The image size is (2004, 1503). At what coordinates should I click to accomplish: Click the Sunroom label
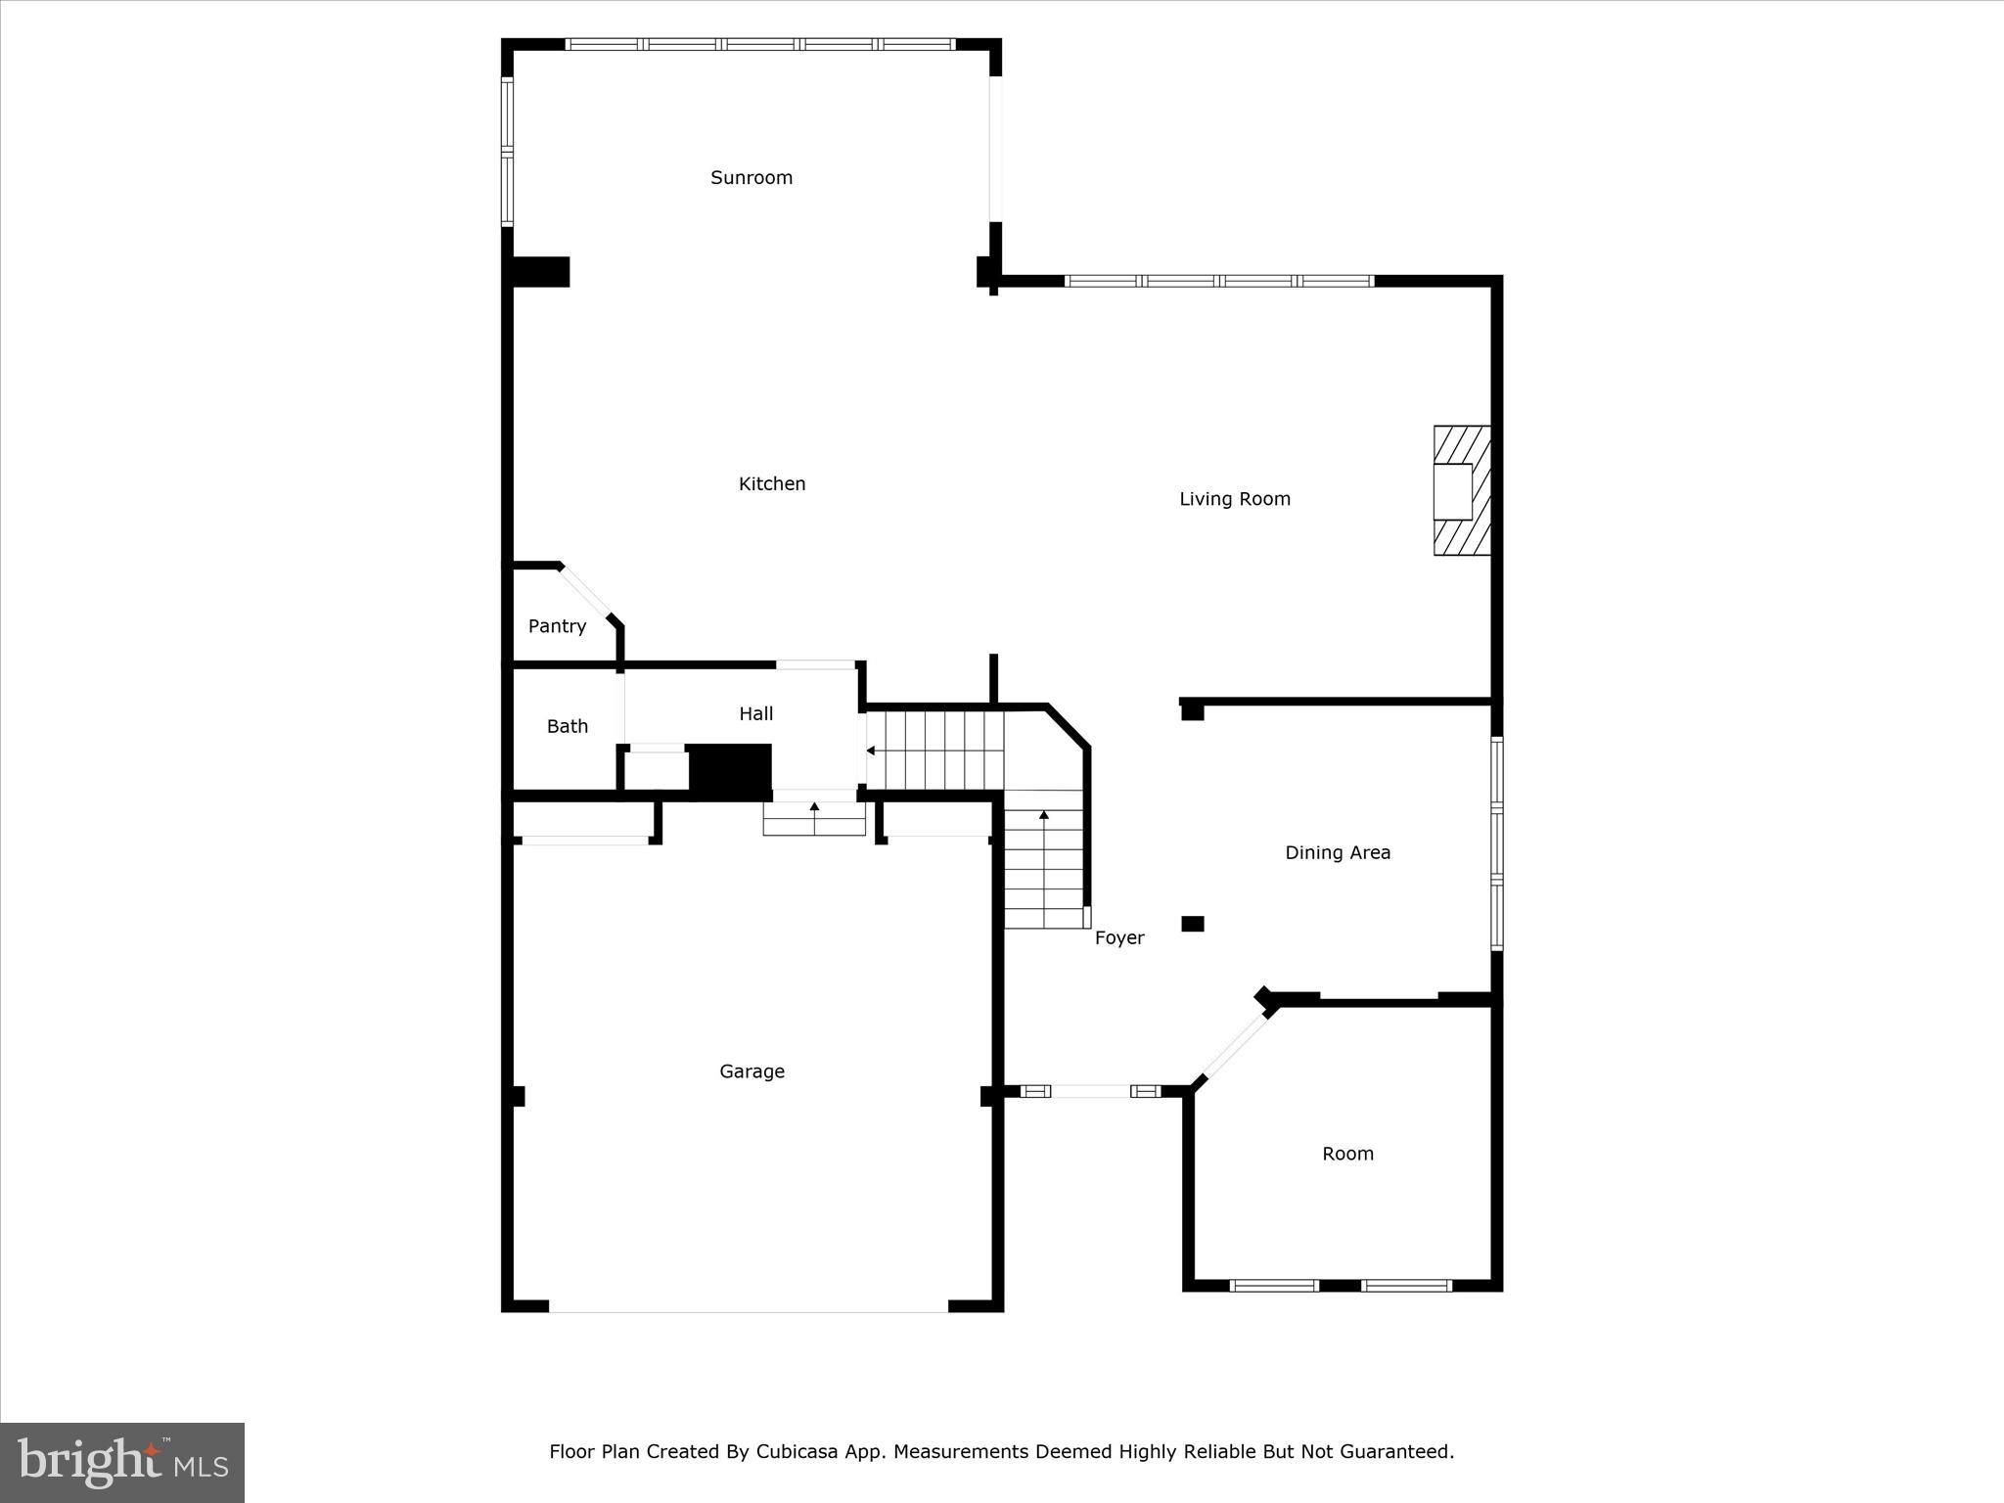751,177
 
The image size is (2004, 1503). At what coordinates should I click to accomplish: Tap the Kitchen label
772,483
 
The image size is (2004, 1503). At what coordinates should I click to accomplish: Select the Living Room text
1235,499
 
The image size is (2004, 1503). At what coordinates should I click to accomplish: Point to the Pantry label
557,626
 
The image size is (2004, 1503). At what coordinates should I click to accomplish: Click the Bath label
568,726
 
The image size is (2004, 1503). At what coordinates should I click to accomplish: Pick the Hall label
756,714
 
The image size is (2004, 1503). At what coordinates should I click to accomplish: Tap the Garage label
751,1071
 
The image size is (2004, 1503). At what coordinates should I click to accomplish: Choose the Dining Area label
1338,852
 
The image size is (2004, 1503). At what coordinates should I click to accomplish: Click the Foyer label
1119,937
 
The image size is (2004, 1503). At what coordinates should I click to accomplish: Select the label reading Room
1347,1154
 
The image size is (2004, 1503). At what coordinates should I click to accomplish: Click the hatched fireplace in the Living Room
1462,490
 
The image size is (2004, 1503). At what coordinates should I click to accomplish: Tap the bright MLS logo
122,1463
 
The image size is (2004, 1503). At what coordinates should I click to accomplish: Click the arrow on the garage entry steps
814,807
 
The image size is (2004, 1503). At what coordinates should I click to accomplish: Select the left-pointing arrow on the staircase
871,751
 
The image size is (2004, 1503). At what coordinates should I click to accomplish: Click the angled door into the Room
1235,1047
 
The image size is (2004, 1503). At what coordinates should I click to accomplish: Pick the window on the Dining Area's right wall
1496,843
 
